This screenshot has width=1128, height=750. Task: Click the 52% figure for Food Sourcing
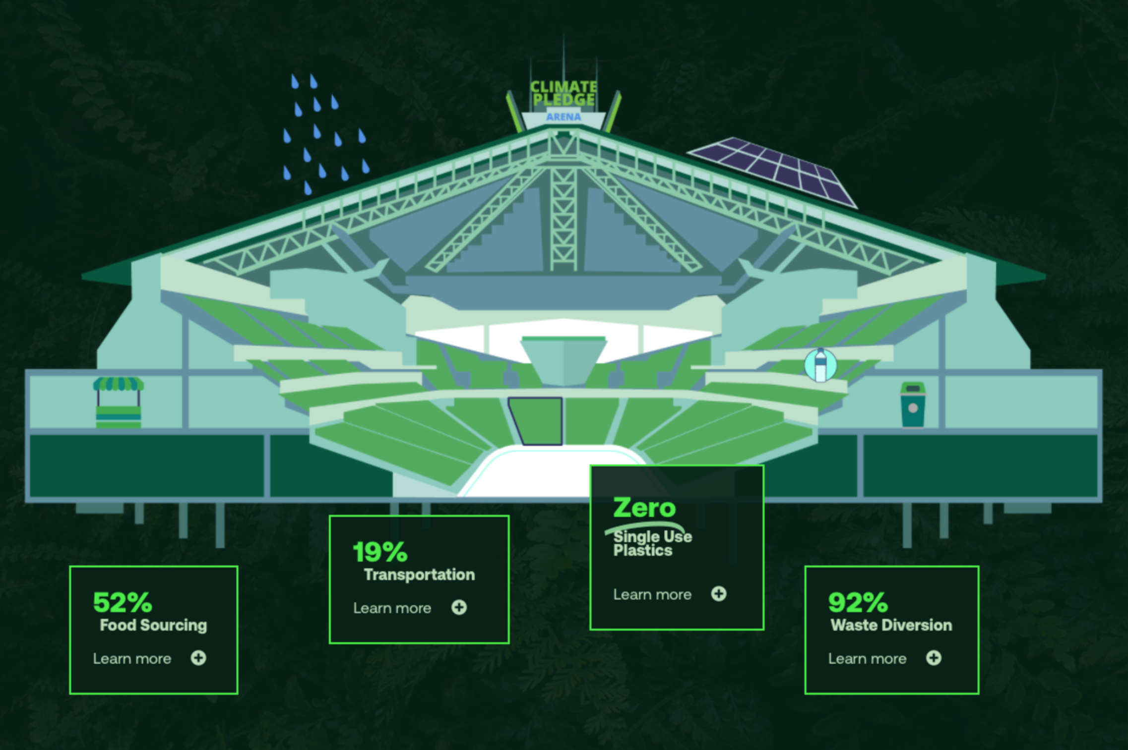tap(123, 603)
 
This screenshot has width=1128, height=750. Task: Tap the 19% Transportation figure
tap(380, 552)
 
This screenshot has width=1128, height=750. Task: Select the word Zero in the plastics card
tap(644, 508)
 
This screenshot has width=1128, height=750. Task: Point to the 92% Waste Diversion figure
tap(858, 603)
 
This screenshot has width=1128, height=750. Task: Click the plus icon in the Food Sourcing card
tap(198, 658)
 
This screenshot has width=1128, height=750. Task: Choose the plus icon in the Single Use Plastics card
tap(718, 594)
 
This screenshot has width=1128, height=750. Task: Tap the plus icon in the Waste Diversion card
tap(934, 658)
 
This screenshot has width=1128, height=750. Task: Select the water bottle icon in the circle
tap(820, 365)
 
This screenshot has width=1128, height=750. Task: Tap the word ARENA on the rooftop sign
tap(564, 117)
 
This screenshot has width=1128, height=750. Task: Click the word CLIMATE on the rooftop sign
tap(564, 87)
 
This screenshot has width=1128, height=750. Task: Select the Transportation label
tap(419, 575)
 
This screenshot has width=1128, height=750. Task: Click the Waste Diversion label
tap(891, 626)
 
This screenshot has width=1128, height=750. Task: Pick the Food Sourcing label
tap(153, 626)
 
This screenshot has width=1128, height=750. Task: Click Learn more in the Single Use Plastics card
tap(652, 595)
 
